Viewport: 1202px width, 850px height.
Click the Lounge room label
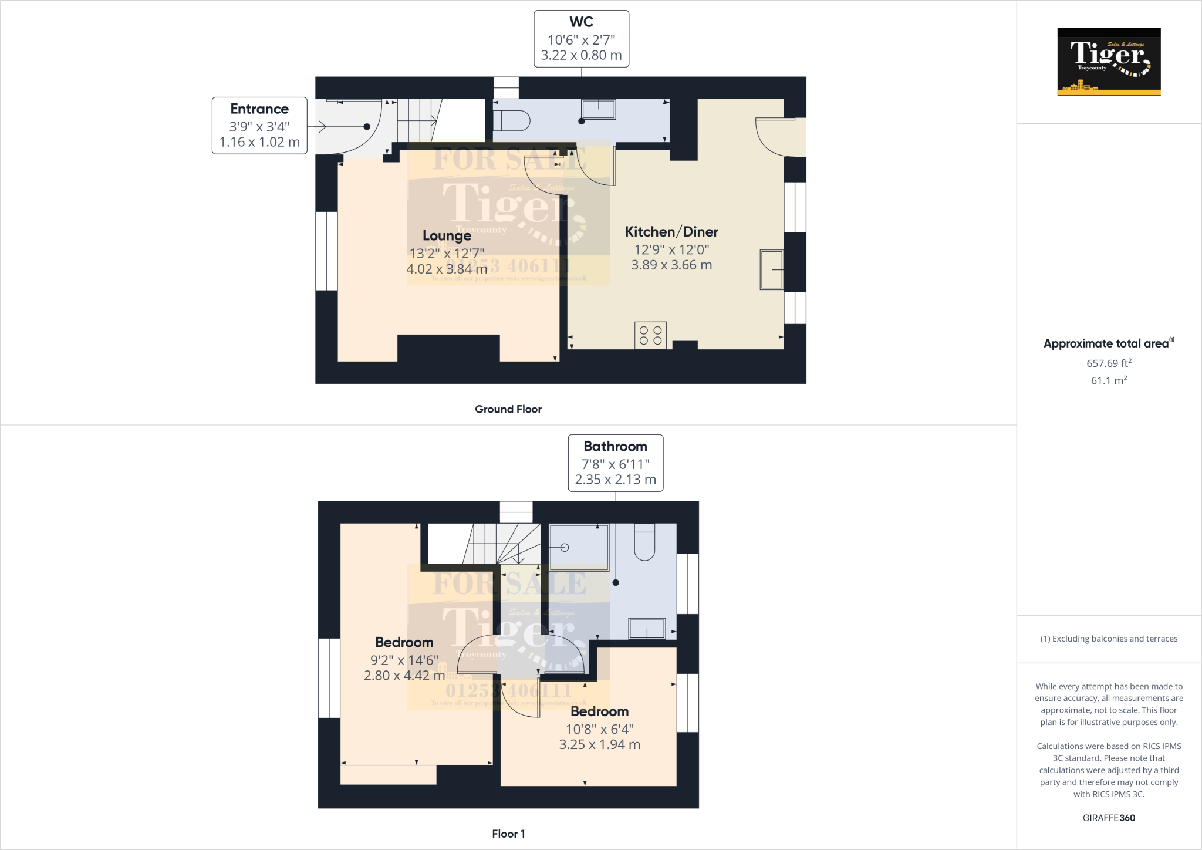pyautogui.click(x=447, y=236)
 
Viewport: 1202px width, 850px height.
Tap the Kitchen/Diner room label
pyautogui.click(x=671, y=232)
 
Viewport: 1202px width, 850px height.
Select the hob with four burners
pyautogui.click(x=650, y=335)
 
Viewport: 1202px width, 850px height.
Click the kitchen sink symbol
pyautogui.click(x=772, y=269)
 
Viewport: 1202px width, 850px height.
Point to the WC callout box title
pyautogui.click(x=581, y=22)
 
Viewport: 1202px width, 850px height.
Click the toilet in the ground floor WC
pyautogui.click(x=511, y=121)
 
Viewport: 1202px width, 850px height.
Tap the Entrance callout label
pyautogui.click(x=259, y=109)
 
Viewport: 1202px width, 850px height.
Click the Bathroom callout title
pyautogui.click(x=615, y=446)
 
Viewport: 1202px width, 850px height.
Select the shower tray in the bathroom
pyautogui.click(x=578, y=547)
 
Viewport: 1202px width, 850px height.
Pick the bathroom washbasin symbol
pyautogui.click(x=647, y=628)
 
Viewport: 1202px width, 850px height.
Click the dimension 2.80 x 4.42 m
pyautogui.click(x=404, y=676)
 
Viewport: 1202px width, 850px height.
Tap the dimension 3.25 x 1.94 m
pyautogui.click(x=599, y=744)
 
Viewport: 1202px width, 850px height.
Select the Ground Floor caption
pyautogui.click(x=508, y=409)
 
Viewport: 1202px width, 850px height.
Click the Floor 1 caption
pyautogui.click(x=508, y=834)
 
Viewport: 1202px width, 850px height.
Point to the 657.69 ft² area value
pyautogui.click(x=1108, y=363)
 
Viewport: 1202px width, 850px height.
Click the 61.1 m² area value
pyautogui.click(x=1108, y=380)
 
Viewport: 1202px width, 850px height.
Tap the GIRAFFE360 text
pyautogui.click(x=1108, y=818)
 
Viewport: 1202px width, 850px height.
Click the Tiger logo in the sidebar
pyautogui.click(x=1108, y=62)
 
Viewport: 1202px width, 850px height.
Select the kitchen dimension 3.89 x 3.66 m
pyautogui.click(x=671, y=265)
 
